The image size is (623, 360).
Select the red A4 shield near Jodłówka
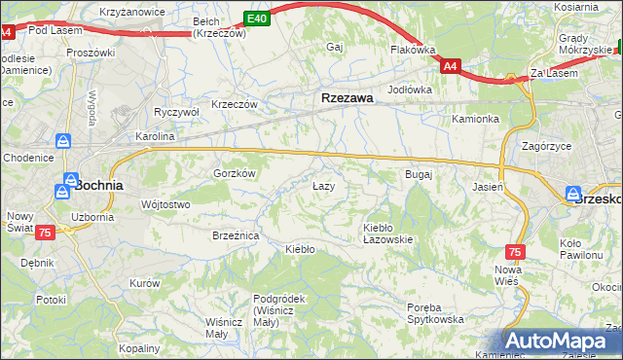(450, 66)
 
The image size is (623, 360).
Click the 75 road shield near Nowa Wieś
(515, 251)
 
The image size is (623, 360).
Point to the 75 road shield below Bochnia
(45, 233)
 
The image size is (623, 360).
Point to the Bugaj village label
(418, 174)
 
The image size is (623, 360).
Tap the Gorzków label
(234, 173)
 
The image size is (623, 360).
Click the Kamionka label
(475, 119)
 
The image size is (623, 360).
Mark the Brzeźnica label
(235, 235)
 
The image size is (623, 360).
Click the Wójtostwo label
(165, 204)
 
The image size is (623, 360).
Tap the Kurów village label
(144, 283)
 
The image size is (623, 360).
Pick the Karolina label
(155, 137)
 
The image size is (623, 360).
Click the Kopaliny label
(138, 347)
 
